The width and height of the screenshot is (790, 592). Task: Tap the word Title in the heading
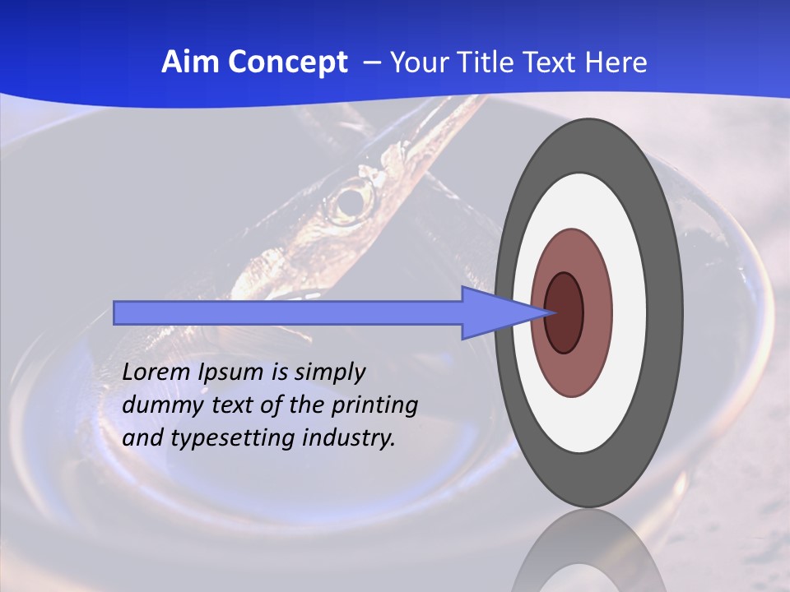483,62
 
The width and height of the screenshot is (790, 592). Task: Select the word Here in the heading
616,62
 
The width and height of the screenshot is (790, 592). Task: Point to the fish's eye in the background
352,200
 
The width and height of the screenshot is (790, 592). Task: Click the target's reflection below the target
589,555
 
